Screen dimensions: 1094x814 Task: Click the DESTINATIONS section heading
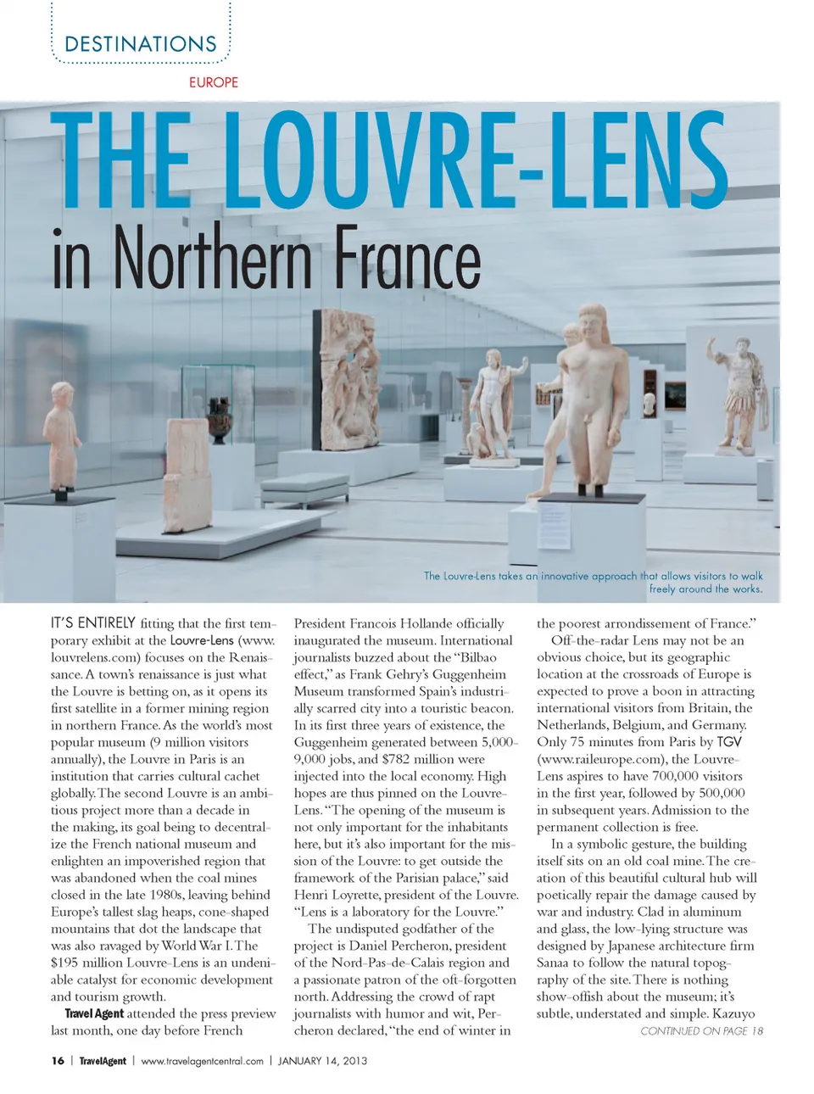(141, 44)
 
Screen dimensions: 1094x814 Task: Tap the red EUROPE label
(214, 82)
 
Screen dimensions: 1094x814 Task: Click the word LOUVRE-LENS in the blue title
(476, 161)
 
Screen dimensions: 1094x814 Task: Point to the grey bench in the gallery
(304, 487)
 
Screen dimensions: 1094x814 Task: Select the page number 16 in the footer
(58, 1060)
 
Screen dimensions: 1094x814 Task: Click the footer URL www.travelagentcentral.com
(202, 1060)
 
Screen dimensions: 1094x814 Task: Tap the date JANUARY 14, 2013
(322, 1060)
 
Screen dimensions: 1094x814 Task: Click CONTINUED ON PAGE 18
(701, 1030)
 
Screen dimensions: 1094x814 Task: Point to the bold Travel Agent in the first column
(94, 1013)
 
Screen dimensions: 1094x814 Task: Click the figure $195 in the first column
(65, 963)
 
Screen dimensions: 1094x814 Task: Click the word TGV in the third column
(728, 742)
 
